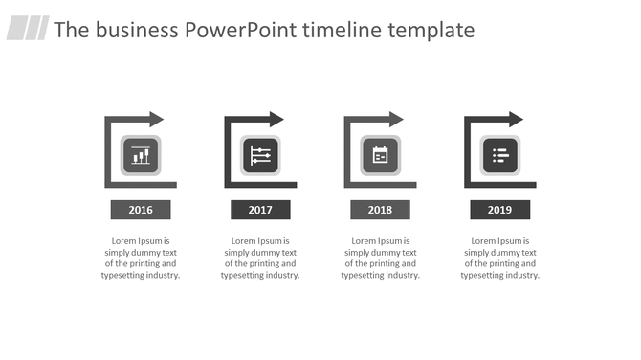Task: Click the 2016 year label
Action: [x=141, y=210]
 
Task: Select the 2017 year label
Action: [x=260, y=210]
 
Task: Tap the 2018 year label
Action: [x=380, y=210]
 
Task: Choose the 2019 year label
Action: [x=499, y=210]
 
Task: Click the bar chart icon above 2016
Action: [x=141, y=155]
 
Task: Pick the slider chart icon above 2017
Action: [x=260, y=155]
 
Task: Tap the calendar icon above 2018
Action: [x=380, y=155]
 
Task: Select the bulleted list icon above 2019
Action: [x=499, y=155]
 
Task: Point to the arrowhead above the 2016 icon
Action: [x=156, y=120]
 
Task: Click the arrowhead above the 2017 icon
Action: [x=276, y=120]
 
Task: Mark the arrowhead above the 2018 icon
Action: [x=396, y=120]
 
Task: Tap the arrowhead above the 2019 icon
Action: [x=516, y=120]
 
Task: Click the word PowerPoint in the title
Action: [x=239, y=31]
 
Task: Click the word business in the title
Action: [x=137, y=31]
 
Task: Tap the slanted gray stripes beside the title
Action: [x=28, y=29]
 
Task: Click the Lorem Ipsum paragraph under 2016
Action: [x=141, y=259]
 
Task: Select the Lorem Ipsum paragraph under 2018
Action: [x=380, y=259]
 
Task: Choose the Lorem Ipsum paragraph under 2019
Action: [x=499, y=259]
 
